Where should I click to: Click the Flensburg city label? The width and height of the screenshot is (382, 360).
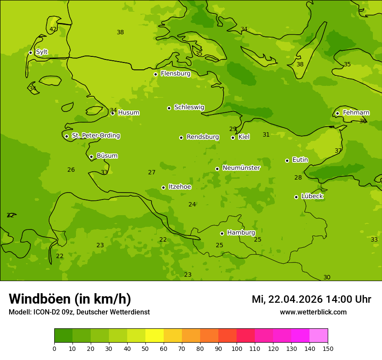(x=175, y=74)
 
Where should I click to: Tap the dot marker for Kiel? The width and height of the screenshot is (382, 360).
(x=233, y=137)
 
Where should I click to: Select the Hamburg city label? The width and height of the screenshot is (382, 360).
(x=241, y=233)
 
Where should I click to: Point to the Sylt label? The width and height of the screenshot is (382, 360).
(x=42, y=52)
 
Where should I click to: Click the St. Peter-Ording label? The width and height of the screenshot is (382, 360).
(x=95, y=136)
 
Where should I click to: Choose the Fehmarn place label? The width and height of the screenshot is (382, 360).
(x=356, y=113)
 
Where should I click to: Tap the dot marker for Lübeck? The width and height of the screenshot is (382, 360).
(x=296, y=197)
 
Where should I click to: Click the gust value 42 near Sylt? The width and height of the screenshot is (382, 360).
(x=53, y=29)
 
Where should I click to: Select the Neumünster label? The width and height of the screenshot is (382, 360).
(x=241, y=168)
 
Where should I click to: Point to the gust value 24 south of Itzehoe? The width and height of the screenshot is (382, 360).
(x=192, y=205)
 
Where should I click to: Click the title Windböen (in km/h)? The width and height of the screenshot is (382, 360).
(x=70, y=299)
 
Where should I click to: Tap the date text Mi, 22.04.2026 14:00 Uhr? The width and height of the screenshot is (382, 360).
(x=311, y=299)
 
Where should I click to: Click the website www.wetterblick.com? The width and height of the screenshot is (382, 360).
(x=313, y=312)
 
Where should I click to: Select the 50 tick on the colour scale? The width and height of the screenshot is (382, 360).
(x=145, y=348)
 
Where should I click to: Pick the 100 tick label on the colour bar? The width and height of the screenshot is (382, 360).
(x=237, y=348)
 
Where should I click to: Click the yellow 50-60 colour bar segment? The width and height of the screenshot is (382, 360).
(x=155, y=336)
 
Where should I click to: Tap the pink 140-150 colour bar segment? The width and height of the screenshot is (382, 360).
(x=319, y=336)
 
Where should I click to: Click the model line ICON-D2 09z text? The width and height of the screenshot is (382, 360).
(x=79, y=312)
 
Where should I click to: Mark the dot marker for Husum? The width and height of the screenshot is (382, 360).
(x=112, y=113)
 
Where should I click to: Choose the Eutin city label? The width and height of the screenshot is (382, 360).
(x=300, y=160)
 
